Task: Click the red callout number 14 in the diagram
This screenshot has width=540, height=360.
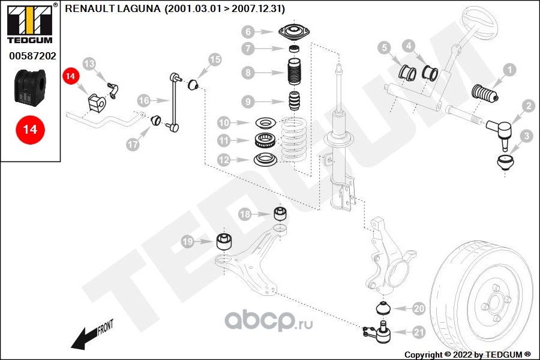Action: point(71,76)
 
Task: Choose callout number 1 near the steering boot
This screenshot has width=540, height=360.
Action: point(509,70)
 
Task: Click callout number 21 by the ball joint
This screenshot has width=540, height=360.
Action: point(419,332)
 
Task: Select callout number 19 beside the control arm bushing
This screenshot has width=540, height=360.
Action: point(188,242)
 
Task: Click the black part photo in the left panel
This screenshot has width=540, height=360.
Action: point(30,86)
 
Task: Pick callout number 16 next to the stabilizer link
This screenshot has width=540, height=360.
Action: point(143,100)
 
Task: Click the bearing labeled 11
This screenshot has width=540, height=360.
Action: point(265,142)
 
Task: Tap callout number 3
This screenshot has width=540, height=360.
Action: point(526,136)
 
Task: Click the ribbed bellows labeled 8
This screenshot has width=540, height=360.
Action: point(293,73)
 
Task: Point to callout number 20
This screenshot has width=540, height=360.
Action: point(418,308)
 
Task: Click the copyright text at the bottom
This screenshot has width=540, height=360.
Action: point(467,354)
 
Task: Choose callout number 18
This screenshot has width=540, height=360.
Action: point(245,214)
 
